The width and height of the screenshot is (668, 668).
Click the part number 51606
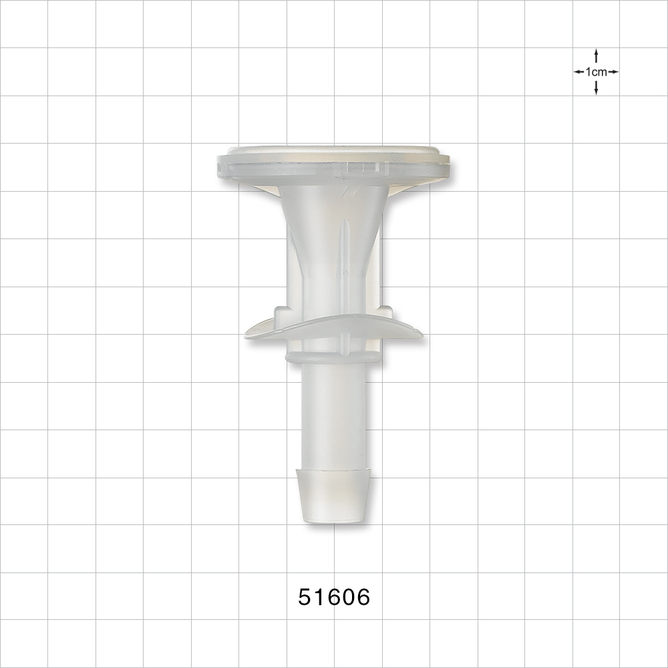[334, 597]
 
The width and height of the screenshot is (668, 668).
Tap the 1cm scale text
[596, 71]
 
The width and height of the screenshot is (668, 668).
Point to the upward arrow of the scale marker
[596, 55]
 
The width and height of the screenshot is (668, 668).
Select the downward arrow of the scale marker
[596, 89]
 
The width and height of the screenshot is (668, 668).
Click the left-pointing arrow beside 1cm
[578, 71]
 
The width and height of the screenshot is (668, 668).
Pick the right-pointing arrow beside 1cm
[613, 71]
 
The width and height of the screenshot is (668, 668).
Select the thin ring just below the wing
[333, 359]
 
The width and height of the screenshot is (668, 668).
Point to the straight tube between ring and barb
[333, 414]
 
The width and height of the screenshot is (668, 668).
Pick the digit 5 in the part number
[305, 597]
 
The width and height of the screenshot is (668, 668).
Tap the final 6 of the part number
[362, 597]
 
